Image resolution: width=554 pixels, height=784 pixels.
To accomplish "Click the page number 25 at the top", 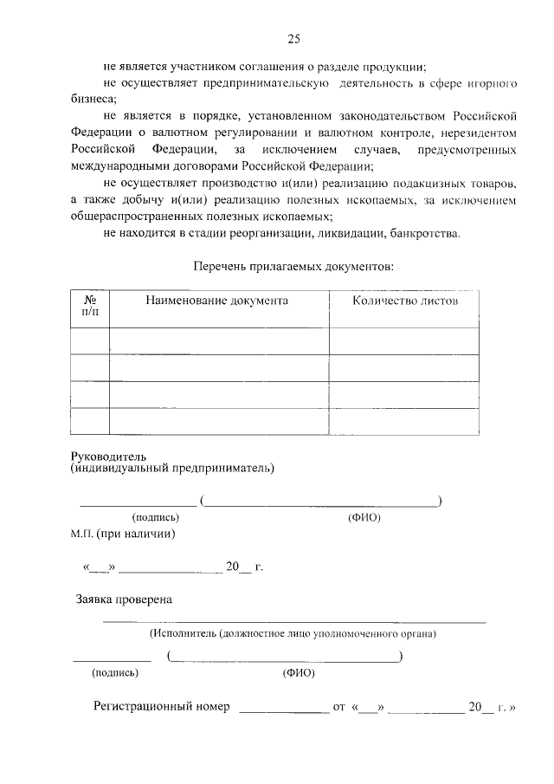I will click(293, 38).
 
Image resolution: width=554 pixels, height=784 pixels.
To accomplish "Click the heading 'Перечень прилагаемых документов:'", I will click(293, 266).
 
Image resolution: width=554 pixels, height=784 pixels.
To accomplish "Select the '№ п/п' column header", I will click(89, 306).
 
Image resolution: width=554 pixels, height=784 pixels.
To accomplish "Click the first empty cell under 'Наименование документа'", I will click(219, 340).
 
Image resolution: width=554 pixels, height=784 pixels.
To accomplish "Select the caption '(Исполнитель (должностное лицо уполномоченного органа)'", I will click(292, 634).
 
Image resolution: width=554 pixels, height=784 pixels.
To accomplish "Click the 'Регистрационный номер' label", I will click(162, 707).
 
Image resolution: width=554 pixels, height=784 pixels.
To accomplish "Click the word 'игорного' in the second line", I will click(493, 84).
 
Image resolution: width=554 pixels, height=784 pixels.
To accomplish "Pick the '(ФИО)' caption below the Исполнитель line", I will click(298, 672).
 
